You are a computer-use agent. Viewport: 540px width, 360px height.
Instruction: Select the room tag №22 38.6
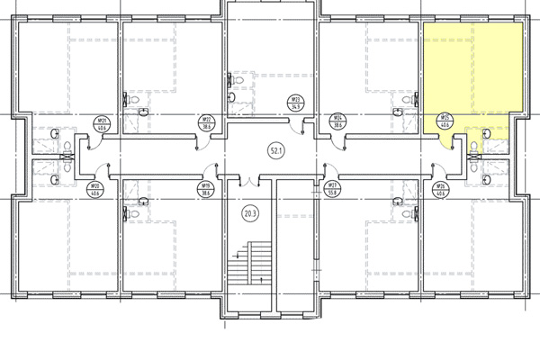(205, 121)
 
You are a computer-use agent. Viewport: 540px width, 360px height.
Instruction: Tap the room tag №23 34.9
(294, 102)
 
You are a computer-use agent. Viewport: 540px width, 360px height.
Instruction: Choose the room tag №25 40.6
(444, 121)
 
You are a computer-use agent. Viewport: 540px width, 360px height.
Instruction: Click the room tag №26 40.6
(441, 189)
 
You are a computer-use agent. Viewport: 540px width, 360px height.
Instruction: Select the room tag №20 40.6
(94, 189)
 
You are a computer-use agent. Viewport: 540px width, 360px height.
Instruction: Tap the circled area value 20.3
(250, 214)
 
